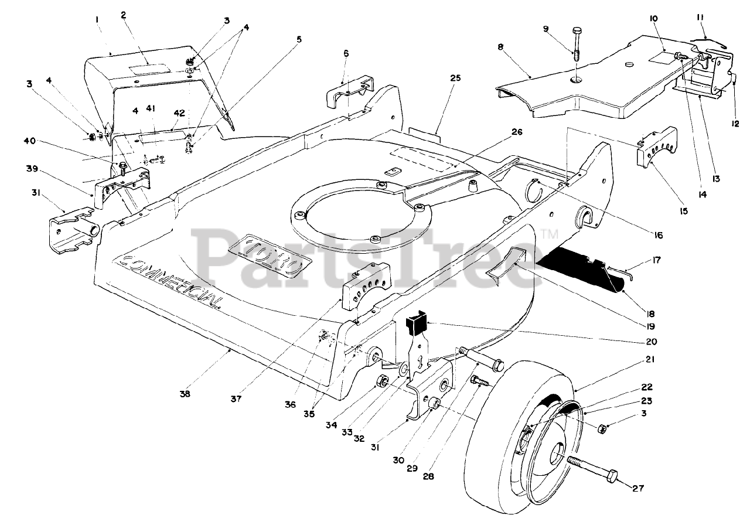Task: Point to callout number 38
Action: coord(185,395)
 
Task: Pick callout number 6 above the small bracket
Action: coord(346,53)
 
